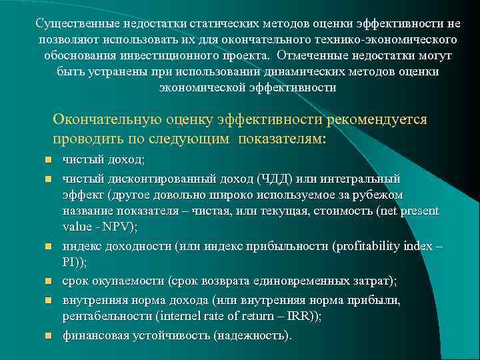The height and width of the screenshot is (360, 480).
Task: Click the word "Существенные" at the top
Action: pos(72,23)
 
